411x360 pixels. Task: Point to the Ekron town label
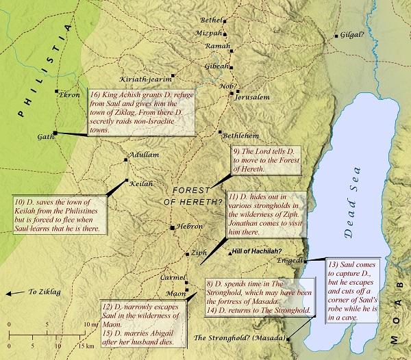pos(71,95)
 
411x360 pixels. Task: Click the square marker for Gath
pos(55,133)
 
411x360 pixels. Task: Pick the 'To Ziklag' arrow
pos(25,293)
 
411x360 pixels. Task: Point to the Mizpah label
pos(211,33)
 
